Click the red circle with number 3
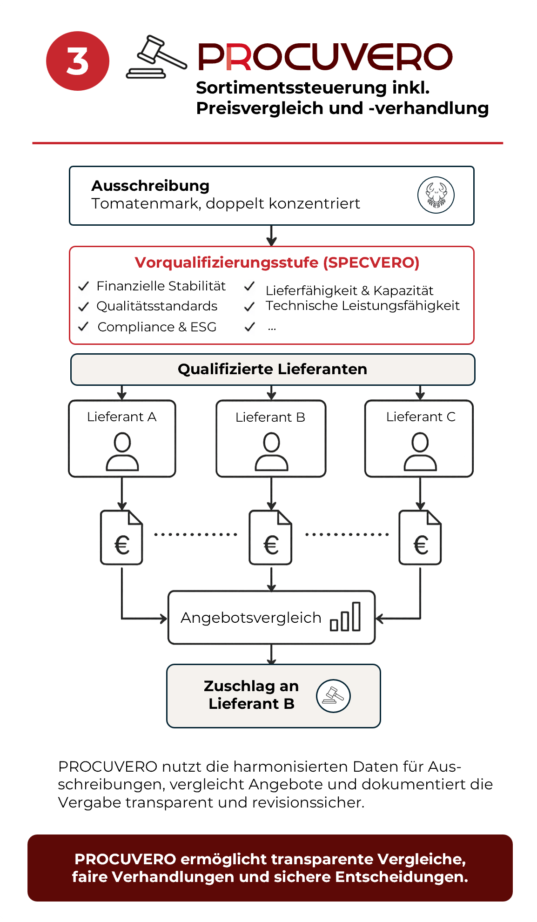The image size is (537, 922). click(x=78, y=61)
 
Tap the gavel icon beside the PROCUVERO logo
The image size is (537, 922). click(x=156, y=57)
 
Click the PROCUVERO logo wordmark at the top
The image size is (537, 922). click(x=325, y=57)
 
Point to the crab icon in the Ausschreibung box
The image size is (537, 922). click(x=436, y=195)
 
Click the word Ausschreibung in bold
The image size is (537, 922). click(x=150, y=186)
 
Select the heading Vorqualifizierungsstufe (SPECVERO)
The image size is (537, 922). click(x=277, y=262)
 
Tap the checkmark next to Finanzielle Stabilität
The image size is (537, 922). click(x=84, y=286)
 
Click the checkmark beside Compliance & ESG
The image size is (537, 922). click(x=84, y=327)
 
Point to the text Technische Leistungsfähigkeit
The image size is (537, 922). click(x=362, y=306)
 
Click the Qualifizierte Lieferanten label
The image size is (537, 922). click(x=272, y=369)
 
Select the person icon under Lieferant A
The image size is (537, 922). click(x=122, y=451)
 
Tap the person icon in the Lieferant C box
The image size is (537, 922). click(x=420, y=451)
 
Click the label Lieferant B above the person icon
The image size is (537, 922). click(x=270, y=417)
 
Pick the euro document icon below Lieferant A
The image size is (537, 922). click(x=121, y=538)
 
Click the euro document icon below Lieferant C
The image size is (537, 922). click(x=420, y=538)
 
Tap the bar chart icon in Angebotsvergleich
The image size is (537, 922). click(x=345, y=616)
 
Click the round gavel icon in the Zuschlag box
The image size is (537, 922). click(x=333, y=696)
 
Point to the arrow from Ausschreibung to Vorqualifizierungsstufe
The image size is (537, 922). click(x=272, y=236)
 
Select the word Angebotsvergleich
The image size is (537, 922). click(x=251, y=618)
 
